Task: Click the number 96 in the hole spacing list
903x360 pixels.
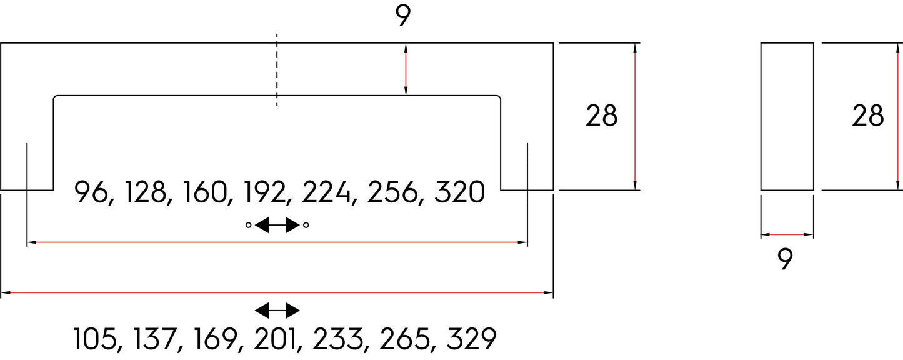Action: click(91, 192)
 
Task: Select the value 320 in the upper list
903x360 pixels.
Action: click(459, 192)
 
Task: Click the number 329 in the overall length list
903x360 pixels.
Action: click(471, 339)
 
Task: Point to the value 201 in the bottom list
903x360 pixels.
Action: click(274, 339)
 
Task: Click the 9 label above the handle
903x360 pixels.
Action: click(402, 16)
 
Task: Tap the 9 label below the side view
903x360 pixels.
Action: click(785, 259)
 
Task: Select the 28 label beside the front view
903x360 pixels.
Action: click(601, 116)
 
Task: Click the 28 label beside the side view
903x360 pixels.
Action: click(867, 116)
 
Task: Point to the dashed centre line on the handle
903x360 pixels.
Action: click(277, 70)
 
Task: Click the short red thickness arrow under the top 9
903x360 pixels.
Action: click(406, 69)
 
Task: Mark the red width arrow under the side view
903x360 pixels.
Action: click(787, 234)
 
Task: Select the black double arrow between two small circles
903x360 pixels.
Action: click(277, 225)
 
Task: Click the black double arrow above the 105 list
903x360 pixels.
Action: click(277, 311)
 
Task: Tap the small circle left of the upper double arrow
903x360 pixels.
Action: click(248, 225)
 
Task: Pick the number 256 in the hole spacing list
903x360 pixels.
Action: click(392, 192)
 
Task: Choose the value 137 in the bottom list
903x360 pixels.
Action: click(154, 339)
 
